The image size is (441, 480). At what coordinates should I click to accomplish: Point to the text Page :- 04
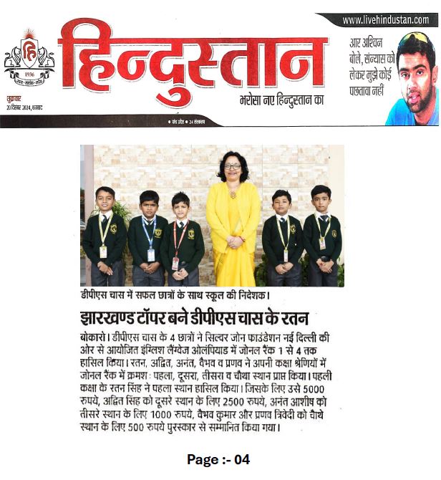click(x=218, y=460)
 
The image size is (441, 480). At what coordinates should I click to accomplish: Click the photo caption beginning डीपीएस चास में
click(x=183, y=295)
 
